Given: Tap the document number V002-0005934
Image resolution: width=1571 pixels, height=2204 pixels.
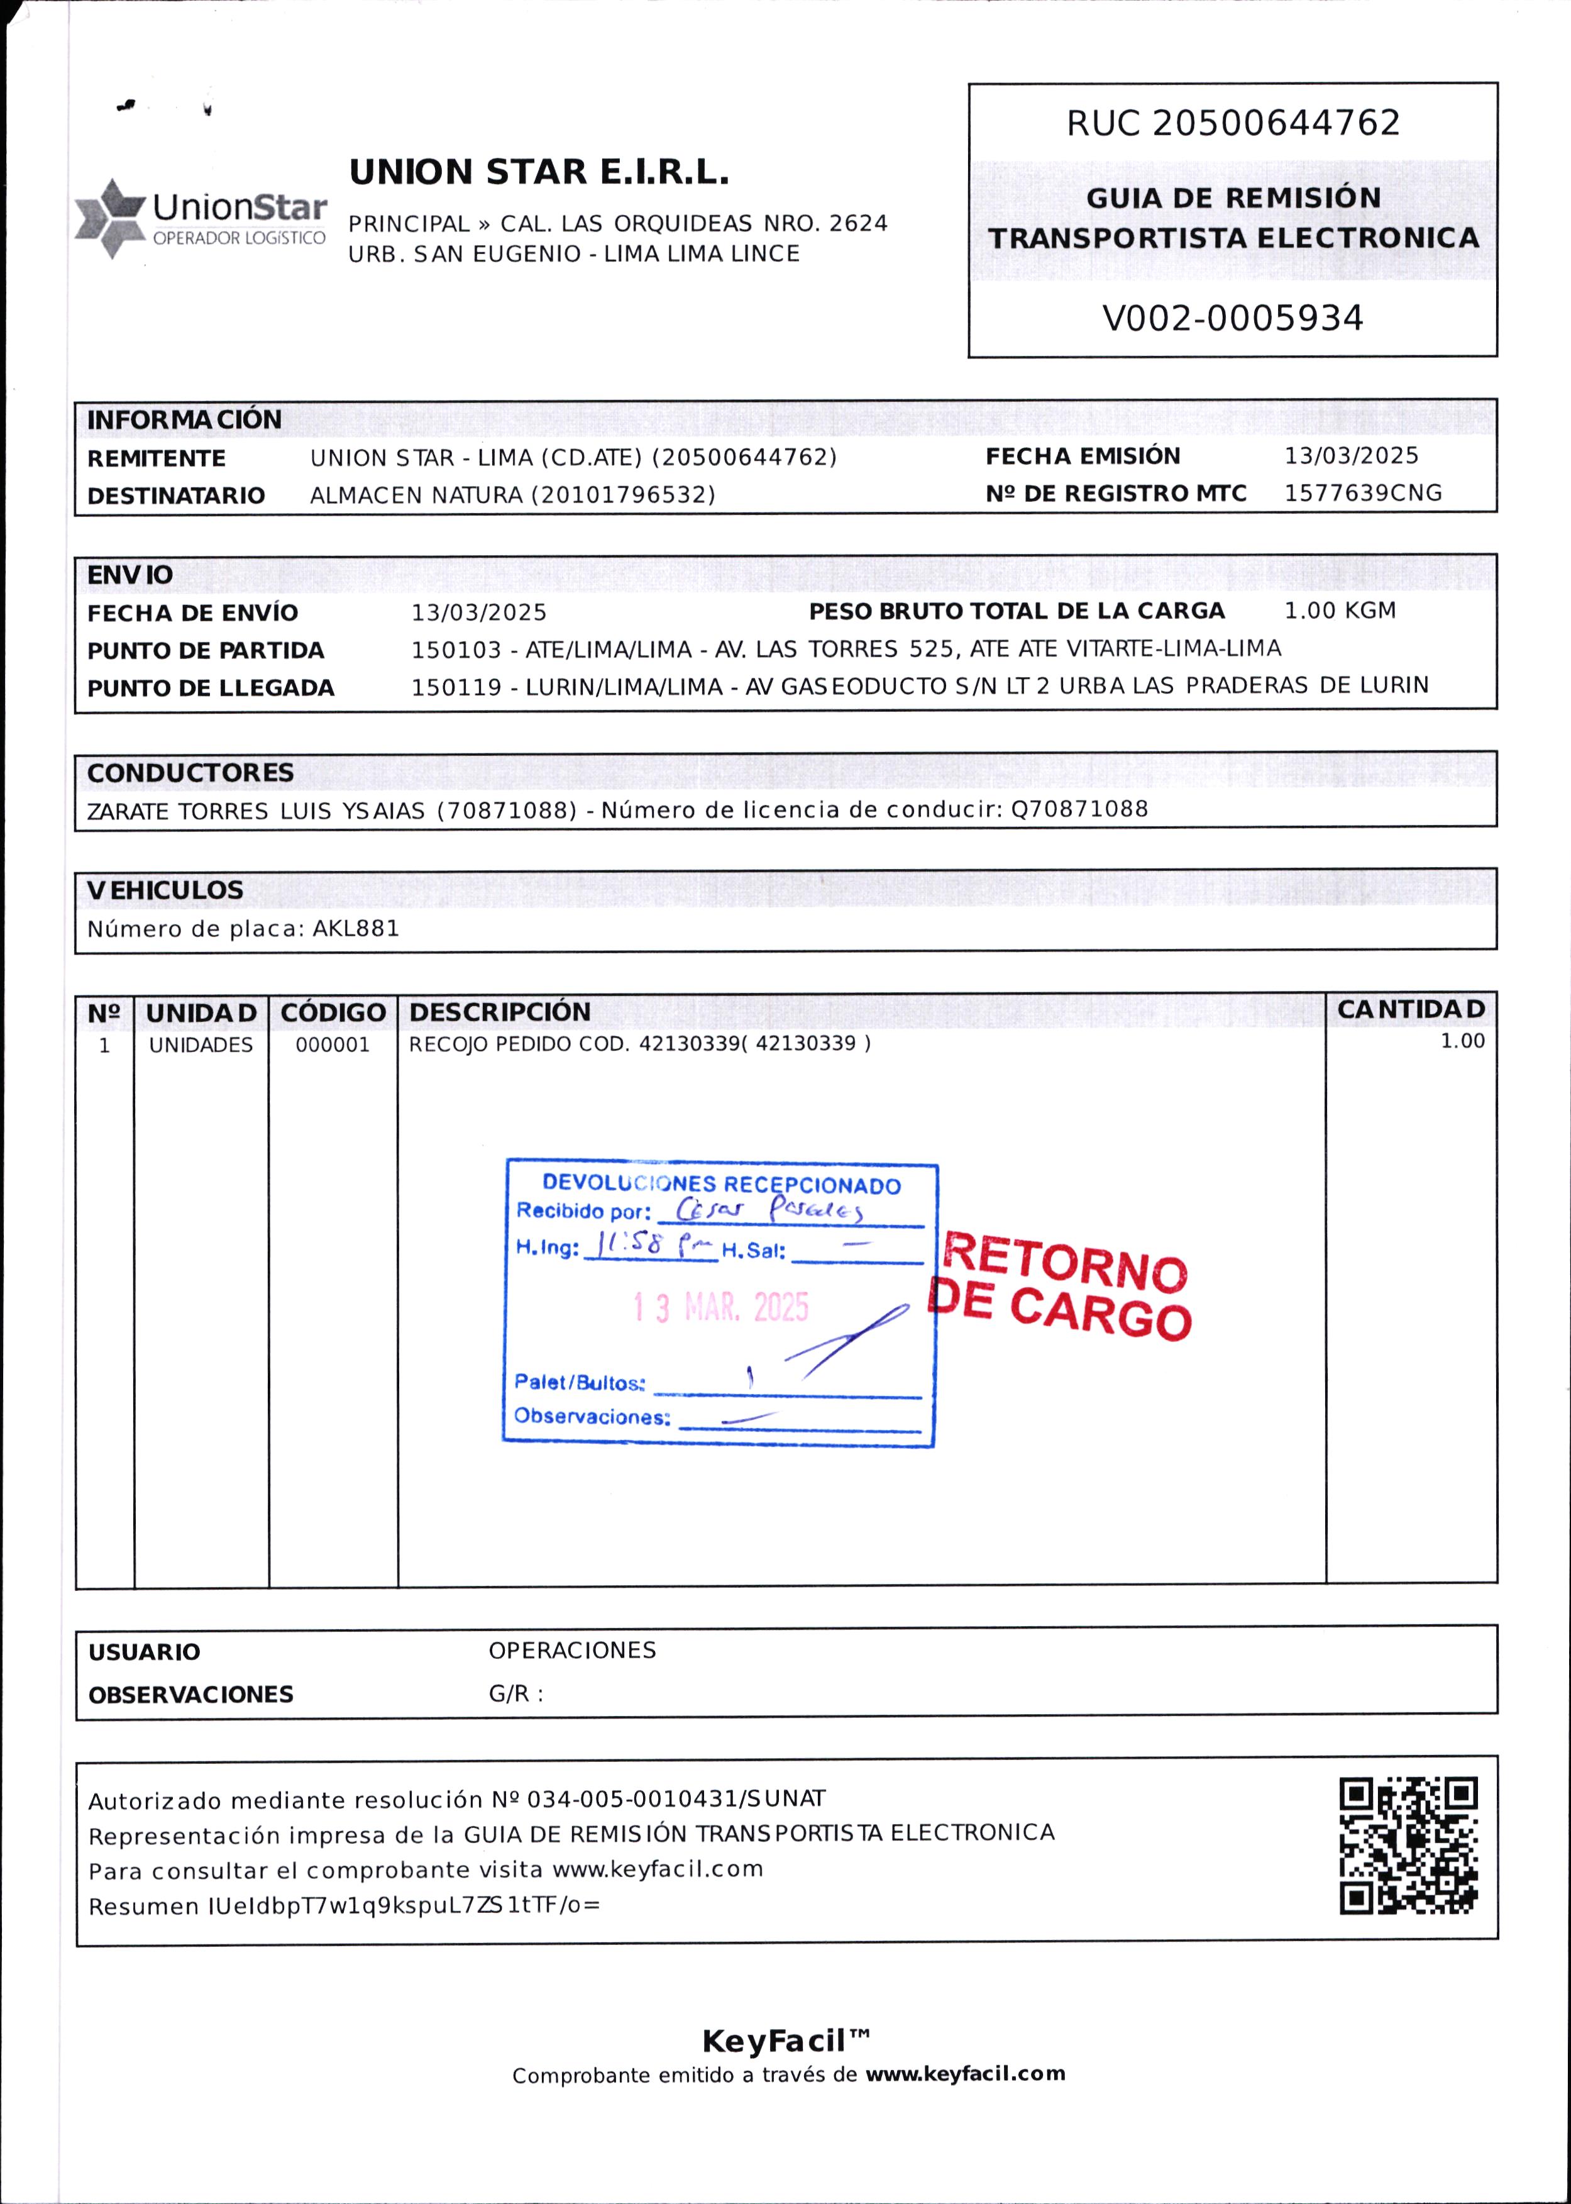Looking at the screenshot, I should (x=1232, y=318).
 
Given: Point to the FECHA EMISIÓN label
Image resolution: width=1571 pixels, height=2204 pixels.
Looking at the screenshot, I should (x=1083, y=456).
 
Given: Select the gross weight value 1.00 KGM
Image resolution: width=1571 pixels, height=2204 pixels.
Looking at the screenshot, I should (x=1340, y=611).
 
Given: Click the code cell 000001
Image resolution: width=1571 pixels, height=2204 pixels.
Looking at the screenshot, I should (x=332, y=1045).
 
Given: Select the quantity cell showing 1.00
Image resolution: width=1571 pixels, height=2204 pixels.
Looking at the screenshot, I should (x=1462, y=1041).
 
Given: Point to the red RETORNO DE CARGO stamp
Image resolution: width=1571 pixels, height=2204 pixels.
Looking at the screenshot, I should (x=1061, y=1287).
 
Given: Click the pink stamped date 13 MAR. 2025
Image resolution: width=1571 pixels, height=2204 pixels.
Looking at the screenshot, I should (x=720, y=1307).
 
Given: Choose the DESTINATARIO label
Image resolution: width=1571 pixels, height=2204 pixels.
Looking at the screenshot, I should (x=176, y=496).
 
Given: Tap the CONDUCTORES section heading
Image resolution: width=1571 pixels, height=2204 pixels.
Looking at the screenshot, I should (x=190, y=772).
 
